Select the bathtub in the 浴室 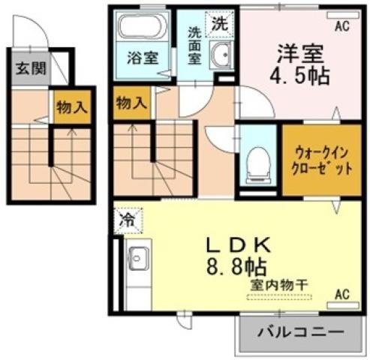tap(140, 29)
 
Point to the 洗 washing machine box tap(218, 22)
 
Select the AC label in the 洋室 tap(342, 25)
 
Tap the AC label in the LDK tap(342, 293)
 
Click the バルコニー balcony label tap(302, 331)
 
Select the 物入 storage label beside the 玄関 tap(71, 107)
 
